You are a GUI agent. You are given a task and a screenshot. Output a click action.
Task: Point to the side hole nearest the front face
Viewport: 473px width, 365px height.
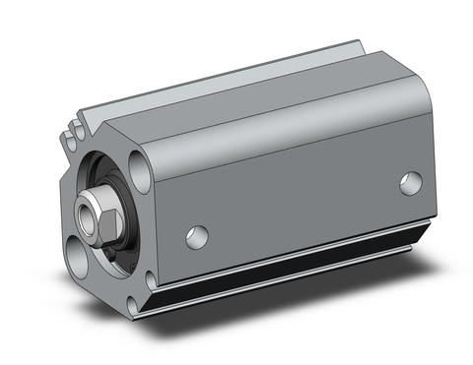click(197, 236)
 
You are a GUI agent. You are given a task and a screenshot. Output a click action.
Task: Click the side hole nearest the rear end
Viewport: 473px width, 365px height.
click(411, 183)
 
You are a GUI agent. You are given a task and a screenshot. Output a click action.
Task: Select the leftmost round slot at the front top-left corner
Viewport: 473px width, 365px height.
click(68, 128)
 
